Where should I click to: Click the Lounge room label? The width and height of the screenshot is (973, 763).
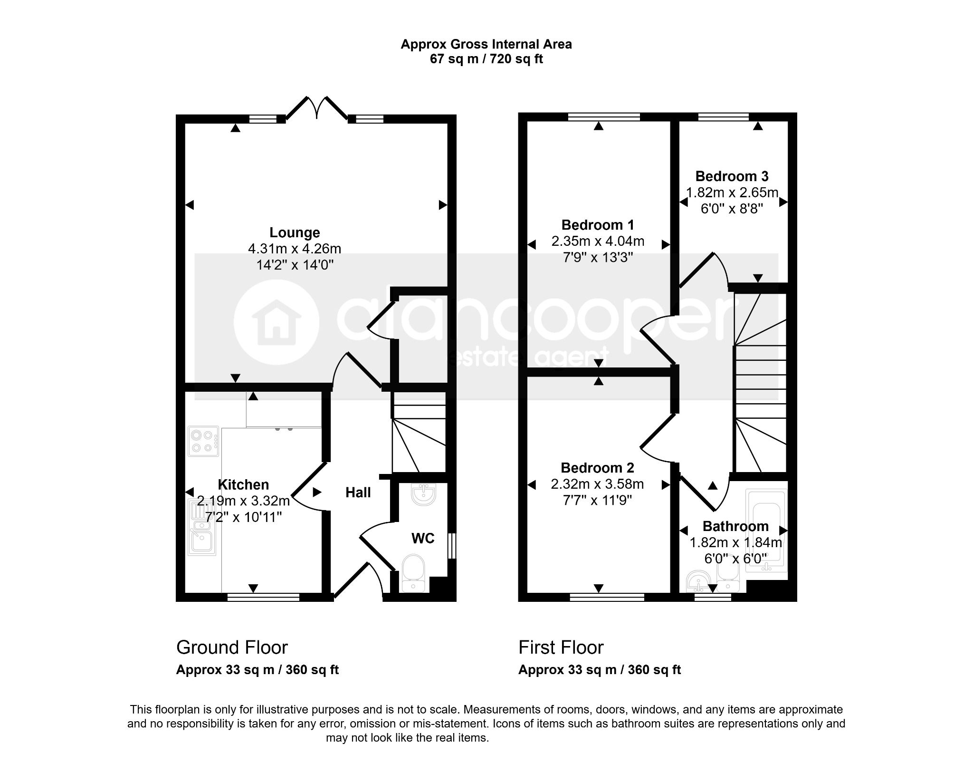[x=295, y=232]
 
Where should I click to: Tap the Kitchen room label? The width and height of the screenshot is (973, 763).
[x=243, y=484]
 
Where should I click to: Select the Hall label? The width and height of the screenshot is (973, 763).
[x=358, y=493]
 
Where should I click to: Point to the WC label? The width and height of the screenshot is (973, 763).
[x=423, y=538]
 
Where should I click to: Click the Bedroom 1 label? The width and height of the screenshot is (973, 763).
[x=598, y=225]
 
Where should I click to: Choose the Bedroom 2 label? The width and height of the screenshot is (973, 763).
[x=597, y=468]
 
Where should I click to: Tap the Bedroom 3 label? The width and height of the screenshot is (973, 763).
[x=732, y=176]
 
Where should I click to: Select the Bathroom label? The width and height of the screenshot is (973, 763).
[x=735, y=526]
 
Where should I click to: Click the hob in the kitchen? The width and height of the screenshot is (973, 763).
[x=203, y=441]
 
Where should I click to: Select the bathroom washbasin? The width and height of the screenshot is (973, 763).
[x=698, y=581]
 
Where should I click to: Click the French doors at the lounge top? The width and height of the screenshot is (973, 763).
[x=316, y=108]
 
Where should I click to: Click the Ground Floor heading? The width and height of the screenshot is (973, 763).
[x=232, y=647]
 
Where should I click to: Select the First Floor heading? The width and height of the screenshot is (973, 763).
[x=561, y=647]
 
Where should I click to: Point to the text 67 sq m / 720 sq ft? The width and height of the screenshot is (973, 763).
[x=486, y=59]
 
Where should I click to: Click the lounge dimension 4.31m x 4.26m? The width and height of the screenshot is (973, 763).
[x=295, y=249]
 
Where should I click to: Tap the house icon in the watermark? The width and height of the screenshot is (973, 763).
[x=276, y=322]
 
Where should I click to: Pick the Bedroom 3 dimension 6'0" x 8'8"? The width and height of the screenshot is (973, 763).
[x=732, y=209]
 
